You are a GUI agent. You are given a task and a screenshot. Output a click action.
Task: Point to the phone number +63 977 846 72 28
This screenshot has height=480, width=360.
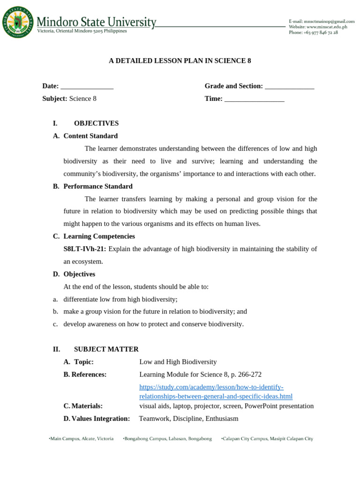click(313, 33)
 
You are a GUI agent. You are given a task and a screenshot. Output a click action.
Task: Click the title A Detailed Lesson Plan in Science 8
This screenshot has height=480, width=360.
click(180, 61)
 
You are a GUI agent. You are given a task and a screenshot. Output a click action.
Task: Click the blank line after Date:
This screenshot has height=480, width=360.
click(87, 87)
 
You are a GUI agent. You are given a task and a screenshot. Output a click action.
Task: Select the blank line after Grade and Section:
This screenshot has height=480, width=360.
click(289, 87)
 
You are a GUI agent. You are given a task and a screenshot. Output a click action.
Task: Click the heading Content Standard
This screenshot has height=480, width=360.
click(90, 136)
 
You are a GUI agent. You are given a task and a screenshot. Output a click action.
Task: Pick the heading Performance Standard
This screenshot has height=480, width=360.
click(98, 186)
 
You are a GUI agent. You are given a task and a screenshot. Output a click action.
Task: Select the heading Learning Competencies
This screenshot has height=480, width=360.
click(99, 236)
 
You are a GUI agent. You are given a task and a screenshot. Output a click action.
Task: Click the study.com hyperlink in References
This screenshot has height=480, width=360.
click(216, 392)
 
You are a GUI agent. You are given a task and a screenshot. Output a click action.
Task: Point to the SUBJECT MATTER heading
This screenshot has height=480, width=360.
click(106, 349)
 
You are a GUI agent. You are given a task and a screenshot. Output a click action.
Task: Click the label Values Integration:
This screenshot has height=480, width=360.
click(97, 419)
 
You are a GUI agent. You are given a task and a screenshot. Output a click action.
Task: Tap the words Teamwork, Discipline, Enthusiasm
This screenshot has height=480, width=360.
click(188, 419)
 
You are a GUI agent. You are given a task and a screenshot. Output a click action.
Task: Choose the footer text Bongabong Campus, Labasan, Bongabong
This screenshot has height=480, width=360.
click(167, 439)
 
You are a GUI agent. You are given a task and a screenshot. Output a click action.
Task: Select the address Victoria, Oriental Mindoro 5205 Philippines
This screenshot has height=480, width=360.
click(82, 31)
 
